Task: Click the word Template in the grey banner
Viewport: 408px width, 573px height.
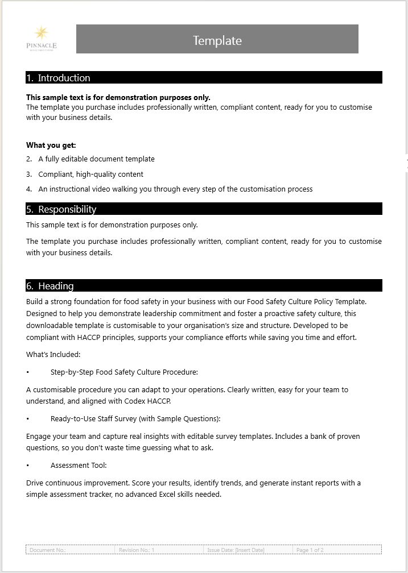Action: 217,40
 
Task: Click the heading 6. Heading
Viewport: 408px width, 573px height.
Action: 50,286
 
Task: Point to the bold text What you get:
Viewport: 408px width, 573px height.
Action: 51,145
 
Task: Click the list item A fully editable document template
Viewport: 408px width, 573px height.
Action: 96,159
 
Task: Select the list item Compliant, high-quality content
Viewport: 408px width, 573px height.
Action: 90,175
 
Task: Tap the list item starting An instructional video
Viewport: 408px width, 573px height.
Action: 175,189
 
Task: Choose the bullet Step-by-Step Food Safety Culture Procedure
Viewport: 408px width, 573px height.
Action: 124,372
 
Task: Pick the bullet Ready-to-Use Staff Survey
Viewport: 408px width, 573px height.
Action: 135,419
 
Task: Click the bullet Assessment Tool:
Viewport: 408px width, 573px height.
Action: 79,466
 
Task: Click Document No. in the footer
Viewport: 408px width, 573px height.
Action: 48,550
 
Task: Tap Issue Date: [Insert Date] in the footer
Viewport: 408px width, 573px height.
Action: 236,550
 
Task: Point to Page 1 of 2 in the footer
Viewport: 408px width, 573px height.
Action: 310,550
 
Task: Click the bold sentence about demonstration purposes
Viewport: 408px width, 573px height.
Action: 118,97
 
